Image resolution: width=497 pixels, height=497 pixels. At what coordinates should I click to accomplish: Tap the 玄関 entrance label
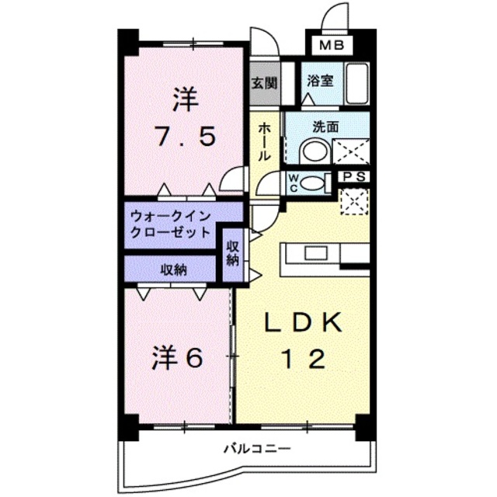[261, 80]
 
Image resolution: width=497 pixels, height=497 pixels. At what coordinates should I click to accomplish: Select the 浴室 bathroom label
[320, 79]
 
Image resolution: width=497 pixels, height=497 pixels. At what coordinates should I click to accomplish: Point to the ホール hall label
[265, 141]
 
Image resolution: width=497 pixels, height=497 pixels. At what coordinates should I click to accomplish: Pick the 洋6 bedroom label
[177, 358]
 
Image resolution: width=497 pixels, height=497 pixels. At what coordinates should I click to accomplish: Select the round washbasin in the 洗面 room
[314, 150]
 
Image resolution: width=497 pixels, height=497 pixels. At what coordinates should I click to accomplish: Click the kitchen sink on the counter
[317, 253]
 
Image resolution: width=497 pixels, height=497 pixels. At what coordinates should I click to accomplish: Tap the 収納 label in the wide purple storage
[173, 269]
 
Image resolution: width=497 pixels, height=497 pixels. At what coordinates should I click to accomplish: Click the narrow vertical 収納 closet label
[232, 252]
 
